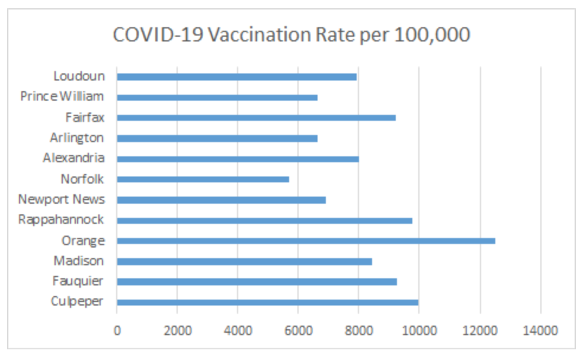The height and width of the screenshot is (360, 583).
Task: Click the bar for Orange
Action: (306, 241)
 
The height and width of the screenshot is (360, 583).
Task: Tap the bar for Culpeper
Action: (267, 302)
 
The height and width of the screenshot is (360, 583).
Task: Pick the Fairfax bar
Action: (256, 118)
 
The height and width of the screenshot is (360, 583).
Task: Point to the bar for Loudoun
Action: (236, 77)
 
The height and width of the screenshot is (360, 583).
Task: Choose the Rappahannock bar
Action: (264, 220)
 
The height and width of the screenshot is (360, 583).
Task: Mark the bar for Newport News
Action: (221, 200)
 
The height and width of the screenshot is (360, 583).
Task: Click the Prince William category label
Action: (62, 97)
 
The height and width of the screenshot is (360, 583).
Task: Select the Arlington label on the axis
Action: (77, 138)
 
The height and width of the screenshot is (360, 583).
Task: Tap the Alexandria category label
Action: (73, 158)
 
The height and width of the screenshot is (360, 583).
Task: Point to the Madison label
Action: (78, 261)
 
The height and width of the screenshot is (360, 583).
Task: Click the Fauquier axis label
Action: (77, 281)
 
